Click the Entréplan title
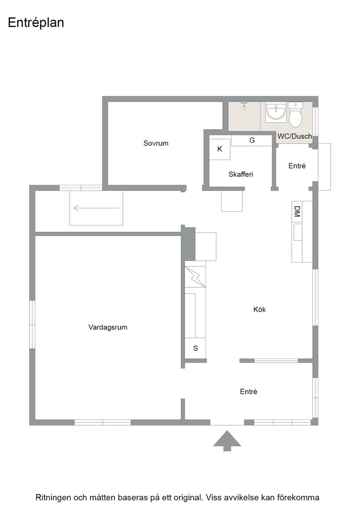pos(36,23)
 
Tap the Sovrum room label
pos(156,143)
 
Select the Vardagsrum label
pos(108,327)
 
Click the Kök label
pos(260,309)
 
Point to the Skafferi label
pos(240,175)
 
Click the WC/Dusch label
pos(295,136)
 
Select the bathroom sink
pos(276,112)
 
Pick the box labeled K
pos(220,150)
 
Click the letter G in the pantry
pos(252,140)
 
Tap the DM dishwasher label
pos(297,211)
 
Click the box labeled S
pos(195,348)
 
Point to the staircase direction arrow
pos(97,208)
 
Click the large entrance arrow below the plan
pos(227,441)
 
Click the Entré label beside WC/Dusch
pos(297,166)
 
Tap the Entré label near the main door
pos(248,392)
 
